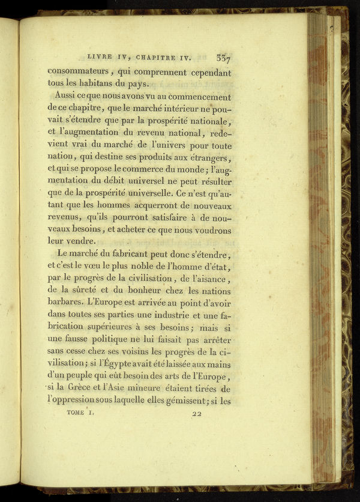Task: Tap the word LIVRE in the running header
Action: [x=100, y=58]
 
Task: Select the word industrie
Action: [x=164, y=312]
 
